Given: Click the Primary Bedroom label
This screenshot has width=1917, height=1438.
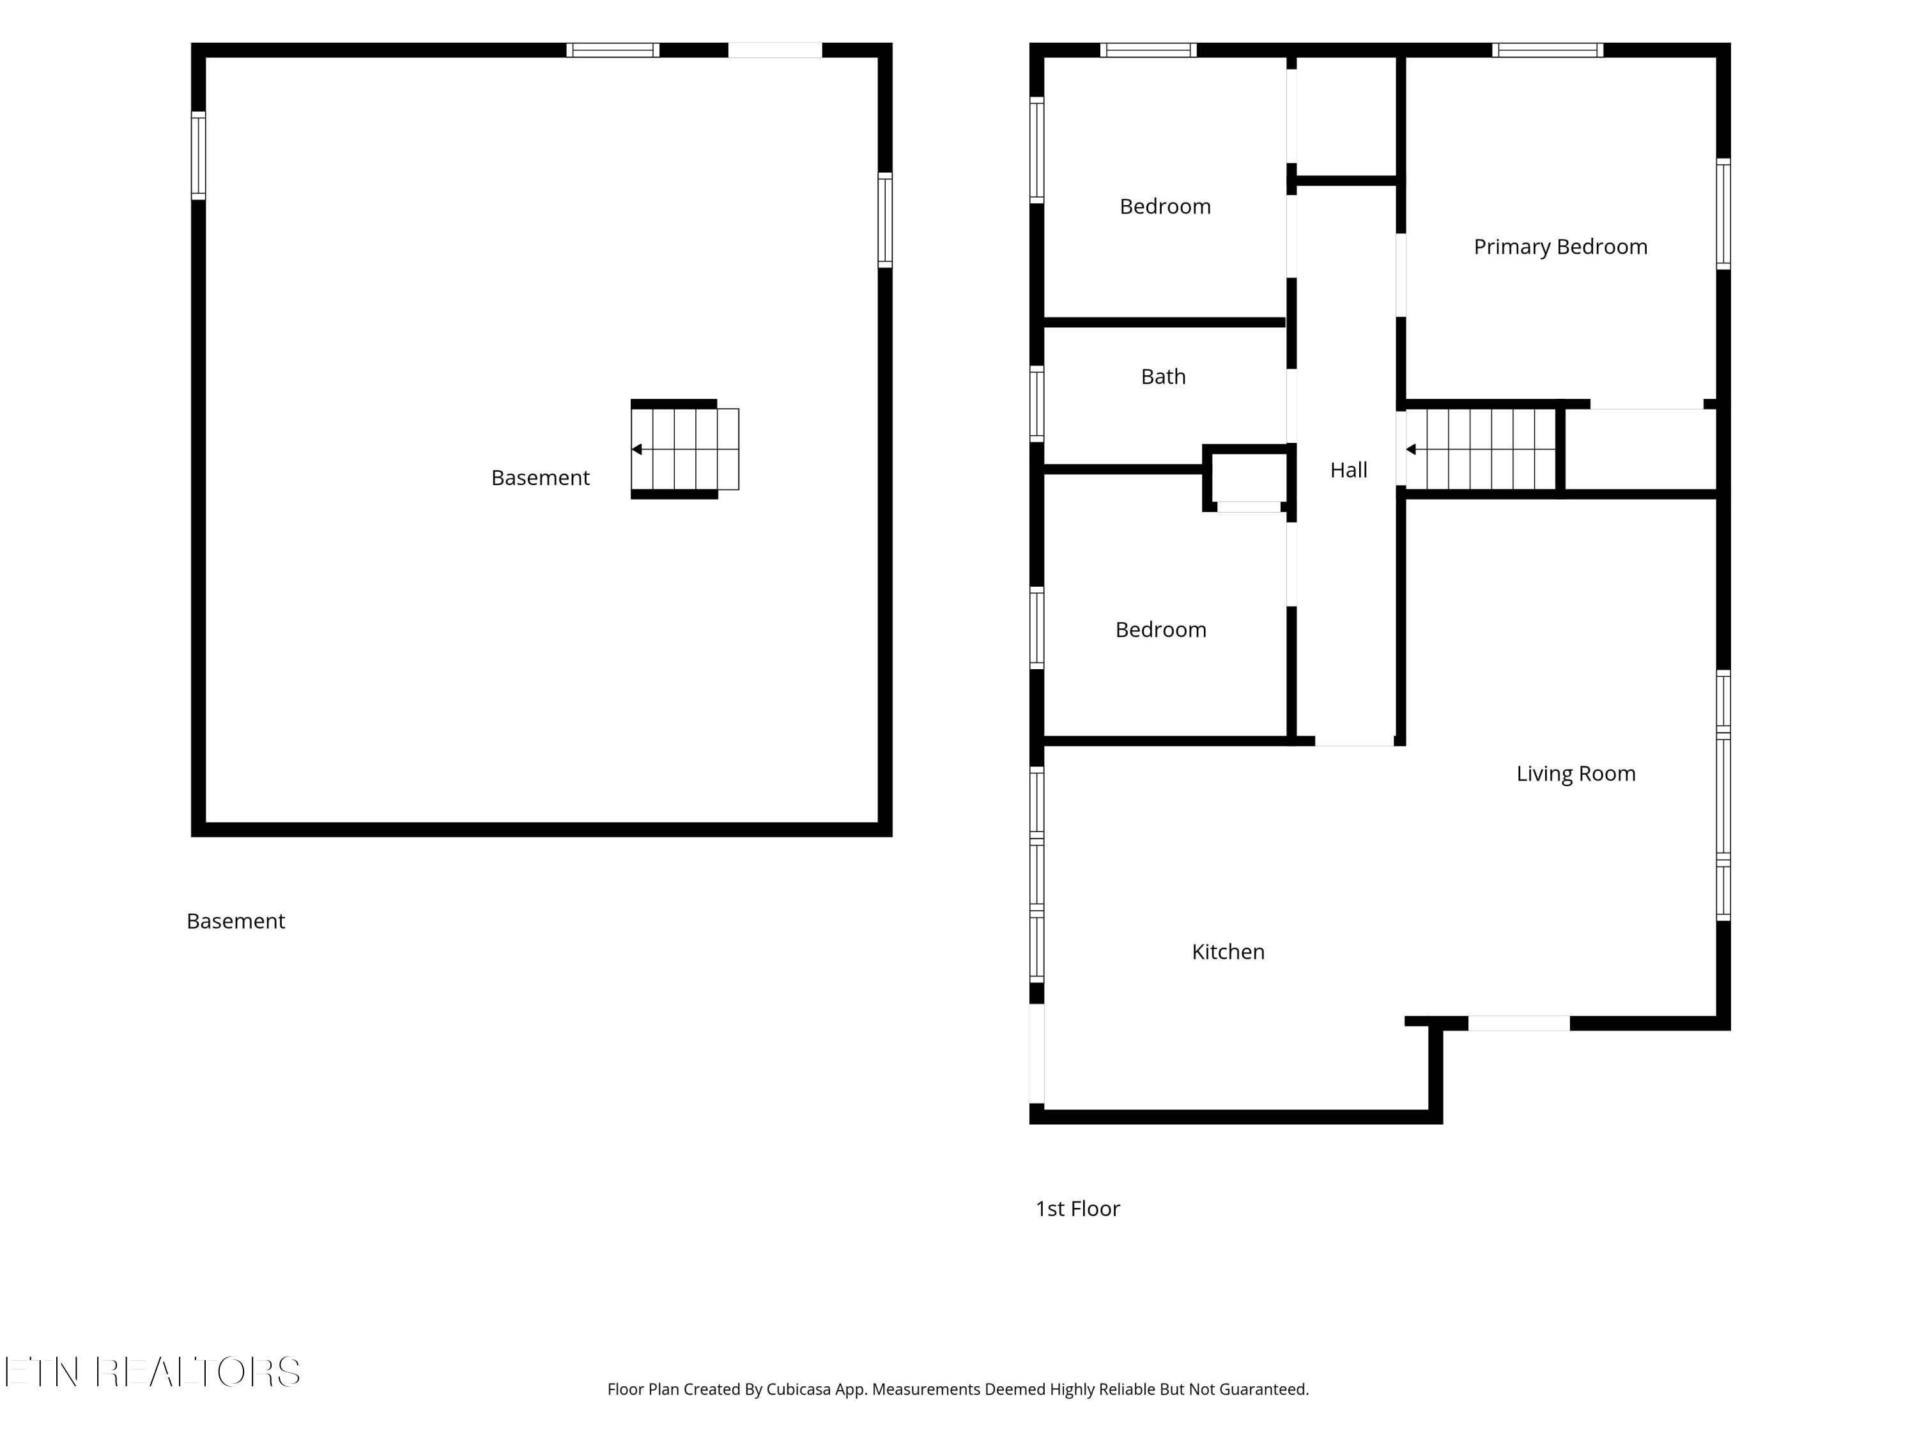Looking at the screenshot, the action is pos(1560,247).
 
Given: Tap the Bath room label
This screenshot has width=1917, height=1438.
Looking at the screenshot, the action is pos(1163,376).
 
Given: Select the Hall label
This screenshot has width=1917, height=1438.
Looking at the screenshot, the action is pos(1348,470).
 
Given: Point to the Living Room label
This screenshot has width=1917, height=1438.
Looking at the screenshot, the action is pos(1576,773).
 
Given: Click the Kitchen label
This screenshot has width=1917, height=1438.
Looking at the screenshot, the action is pos(1228,952).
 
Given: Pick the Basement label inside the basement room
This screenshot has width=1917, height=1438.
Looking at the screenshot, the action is pos(540,477).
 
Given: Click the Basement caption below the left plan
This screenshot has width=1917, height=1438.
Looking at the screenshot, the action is pos(236,920).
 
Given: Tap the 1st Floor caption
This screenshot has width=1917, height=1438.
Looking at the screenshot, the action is pos(1077,1209).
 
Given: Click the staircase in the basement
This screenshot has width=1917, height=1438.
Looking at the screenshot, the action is pos(684,449).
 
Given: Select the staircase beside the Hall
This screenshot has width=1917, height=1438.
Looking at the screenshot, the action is pos(1481,449).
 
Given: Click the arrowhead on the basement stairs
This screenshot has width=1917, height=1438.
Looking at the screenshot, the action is pos(637,449).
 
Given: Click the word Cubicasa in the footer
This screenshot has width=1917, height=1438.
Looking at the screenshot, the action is pos(797,1389).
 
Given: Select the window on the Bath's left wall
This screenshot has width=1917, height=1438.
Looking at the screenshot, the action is pos(1036,404).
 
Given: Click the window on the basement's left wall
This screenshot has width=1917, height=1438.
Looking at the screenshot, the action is pos(199,156).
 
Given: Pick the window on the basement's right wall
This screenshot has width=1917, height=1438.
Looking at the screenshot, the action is pos(885,220).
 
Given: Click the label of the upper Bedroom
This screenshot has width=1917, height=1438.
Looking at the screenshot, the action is pos(1165,206).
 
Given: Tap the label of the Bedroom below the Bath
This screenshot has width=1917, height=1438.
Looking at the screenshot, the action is pos(1160,630).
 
